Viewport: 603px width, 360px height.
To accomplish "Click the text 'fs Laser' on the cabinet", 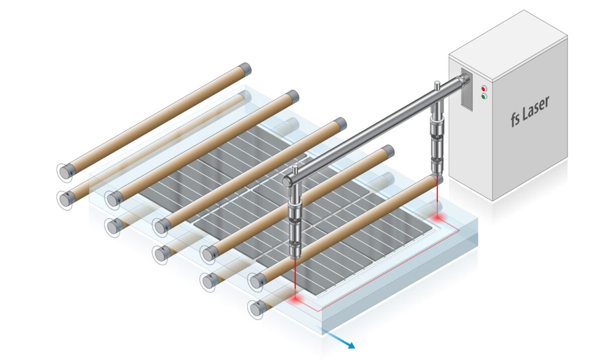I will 530,111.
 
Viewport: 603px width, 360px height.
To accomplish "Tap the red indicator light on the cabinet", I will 484,87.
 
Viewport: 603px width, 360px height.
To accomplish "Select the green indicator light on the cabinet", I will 484,96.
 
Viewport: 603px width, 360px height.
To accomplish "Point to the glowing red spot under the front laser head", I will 295,299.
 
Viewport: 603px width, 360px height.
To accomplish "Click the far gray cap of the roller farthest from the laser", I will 245,69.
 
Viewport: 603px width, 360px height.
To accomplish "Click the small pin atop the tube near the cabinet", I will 438,85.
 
